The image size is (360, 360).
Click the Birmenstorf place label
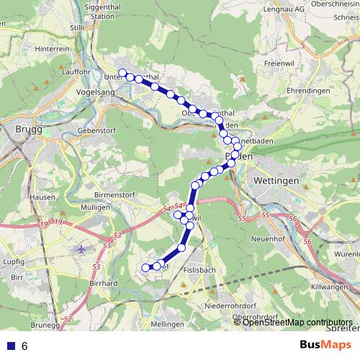pyautogui.click(x=115, y=195)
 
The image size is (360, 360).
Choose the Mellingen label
pyautogui.click(x=168, y=325)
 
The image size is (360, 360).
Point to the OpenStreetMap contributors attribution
pyautogui.click(x=297, y=322)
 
